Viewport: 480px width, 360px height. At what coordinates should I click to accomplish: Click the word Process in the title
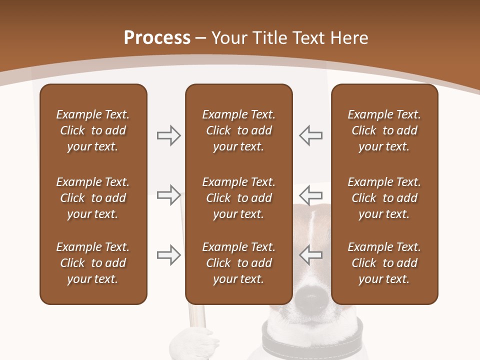click(157, 38)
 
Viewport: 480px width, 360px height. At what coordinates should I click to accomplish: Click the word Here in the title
click(349, 38)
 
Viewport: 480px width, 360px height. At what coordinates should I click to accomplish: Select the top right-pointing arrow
click(168, 135)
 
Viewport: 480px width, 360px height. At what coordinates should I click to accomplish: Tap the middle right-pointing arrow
click(168, 195)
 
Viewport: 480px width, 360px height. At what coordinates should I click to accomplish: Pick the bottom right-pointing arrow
click(168, 255)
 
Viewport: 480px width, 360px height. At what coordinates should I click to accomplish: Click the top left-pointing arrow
click(310, 135)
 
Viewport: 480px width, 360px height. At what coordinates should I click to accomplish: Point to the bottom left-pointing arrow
click(310, 255)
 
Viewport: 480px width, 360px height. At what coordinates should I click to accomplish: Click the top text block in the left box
click(93, 130)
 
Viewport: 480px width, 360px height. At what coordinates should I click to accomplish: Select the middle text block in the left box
click(93, 198)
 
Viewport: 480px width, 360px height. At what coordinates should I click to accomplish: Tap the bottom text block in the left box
click(93, 263)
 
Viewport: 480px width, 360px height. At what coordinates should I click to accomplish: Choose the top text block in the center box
click(238, 130)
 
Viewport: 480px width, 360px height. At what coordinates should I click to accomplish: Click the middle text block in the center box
click(238, 198)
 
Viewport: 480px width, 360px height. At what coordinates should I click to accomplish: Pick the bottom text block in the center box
click(238, 263)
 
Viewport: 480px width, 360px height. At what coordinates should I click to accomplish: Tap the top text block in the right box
click(384, 130)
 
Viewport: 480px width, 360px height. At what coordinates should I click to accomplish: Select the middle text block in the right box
click(384, 198)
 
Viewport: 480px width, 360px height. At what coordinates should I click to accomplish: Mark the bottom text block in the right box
click(384, 263)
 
